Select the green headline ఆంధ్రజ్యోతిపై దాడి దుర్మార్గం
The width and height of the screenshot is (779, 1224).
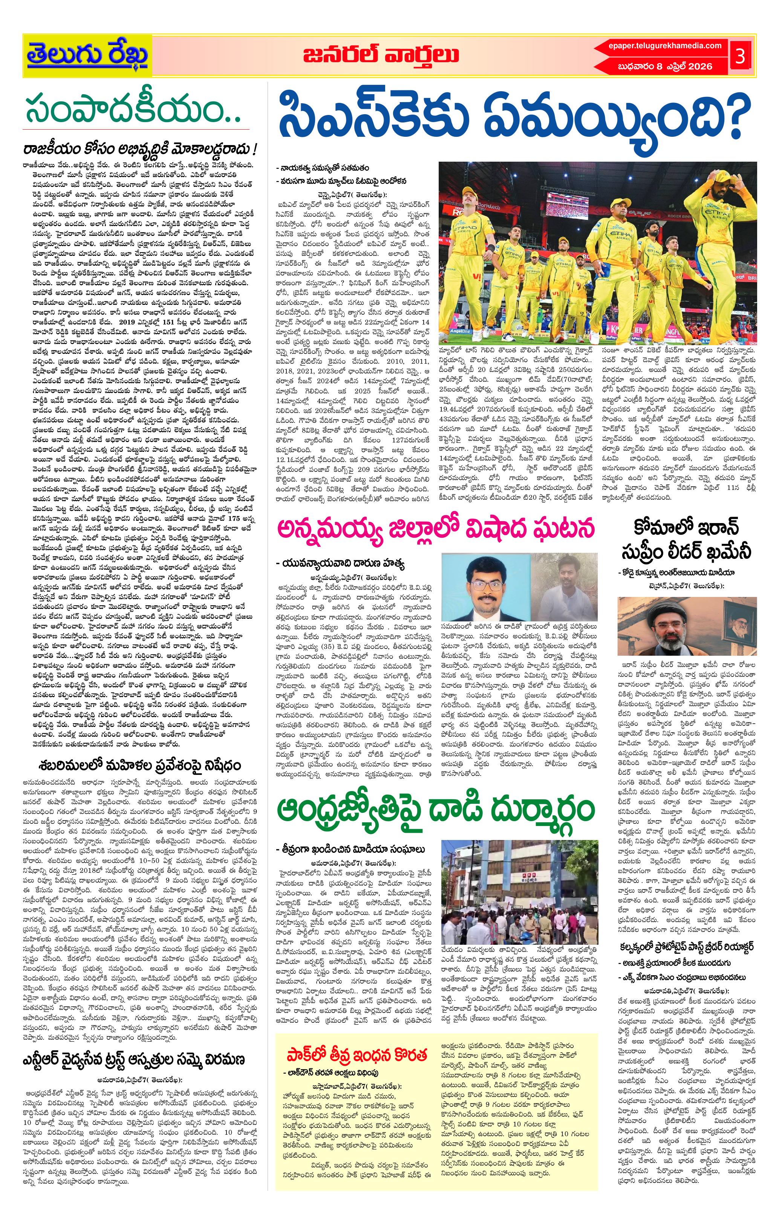[435, 809]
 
